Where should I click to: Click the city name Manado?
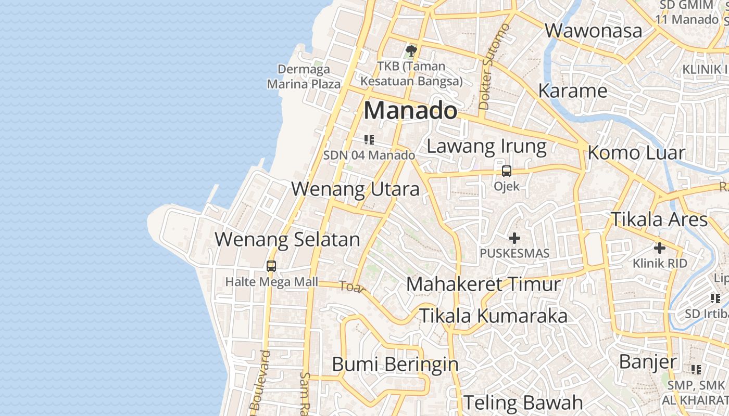tap(410, 111)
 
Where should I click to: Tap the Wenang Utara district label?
tap(355, 189)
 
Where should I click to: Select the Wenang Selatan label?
tap(287, 240)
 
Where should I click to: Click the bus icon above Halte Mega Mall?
tap(271, 266)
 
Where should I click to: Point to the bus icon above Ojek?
tap(506, 171)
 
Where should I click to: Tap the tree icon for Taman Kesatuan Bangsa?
tap(411, 51)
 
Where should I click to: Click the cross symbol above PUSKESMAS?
tap(514, 239)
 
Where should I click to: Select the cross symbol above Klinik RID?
tap(660, 248)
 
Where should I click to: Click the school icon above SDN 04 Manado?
tap(369, 140)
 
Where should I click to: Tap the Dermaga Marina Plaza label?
tap(304, 76)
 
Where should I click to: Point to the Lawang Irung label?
tap(486, 147)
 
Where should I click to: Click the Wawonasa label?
tap(594, 31)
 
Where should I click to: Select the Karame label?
tap(573, 91)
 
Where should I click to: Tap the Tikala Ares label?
tap(659, 219)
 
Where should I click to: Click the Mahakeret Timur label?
tap(484, 284)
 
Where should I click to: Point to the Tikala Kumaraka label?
tap(493, 316)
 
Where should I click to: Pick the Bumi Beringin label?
tap(395, 365)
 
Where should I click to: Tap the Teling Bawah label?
tap(523, 402)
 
